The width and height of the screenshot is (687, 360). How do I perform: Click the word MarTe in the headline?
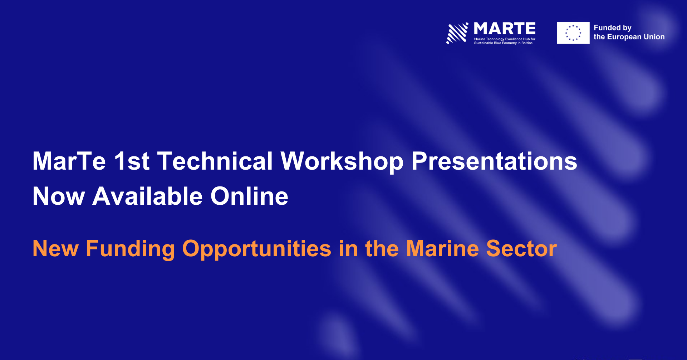pos(69,161)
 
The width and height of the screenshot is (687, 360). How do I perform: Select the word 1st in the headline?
pos(132,161)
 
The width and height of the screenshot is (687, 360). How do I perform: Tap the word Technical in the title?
pos(215,161)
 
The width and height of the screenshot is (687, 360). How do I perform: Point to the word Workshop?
pos(342,162)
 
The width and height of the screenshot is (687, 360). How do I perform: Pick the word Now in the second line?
pos(59,196)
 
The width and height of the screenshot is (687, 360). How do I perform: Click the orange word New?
pos(55,248)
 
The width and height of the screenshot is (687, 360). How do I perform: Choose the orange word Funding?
pos(130,249)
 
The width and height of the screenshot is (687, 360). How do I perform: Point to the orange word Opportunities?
pos(257,249)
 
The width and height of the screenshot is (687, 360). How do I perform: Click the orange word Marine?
pos(442,248)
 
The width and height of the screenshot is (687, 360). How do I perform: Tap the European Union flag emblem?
pos(573,33)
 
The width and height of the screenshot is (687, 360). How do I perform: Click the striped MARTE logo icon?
pos(457,33)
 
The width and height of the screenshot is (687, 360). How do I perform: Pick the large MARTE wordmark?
pos(505,28)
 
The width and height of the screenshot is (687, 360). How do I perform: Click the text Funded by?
pos(613,28)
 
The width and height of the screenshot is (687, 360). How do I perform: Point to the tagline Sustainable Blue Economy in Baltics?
pos(503,43)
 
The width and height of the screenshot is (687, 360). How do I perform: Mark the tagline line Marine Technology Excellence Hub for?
pos(505,39)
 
